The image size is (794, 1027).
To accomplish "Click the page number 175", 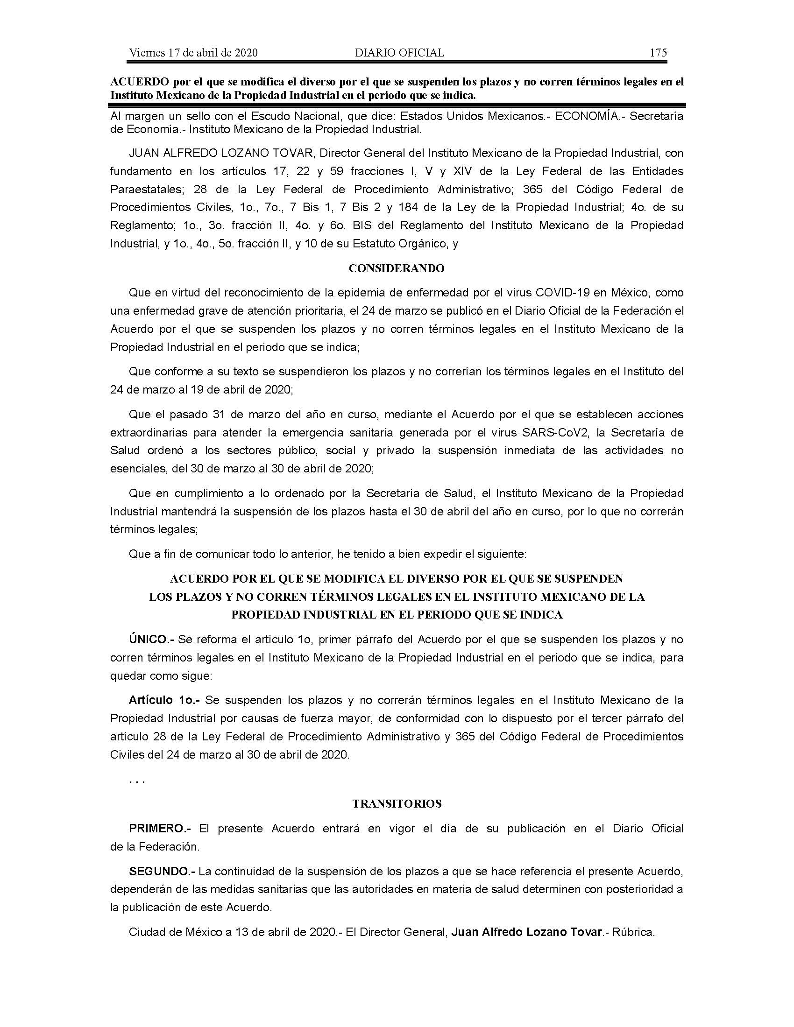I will click(658, 53).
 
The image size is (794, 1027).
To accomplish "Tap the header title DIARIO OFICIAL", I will click(399, 53).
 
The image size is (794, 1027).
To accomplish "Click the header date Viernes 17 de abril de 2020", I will click(193, 53).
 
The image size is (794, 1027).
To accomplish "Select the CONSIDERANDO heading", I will click(397, 268).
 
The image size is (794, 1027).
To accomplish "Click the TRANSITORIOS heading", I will click(397, 804).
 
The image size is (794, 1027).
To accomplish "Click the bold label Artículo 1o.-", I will click(164, 700).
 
